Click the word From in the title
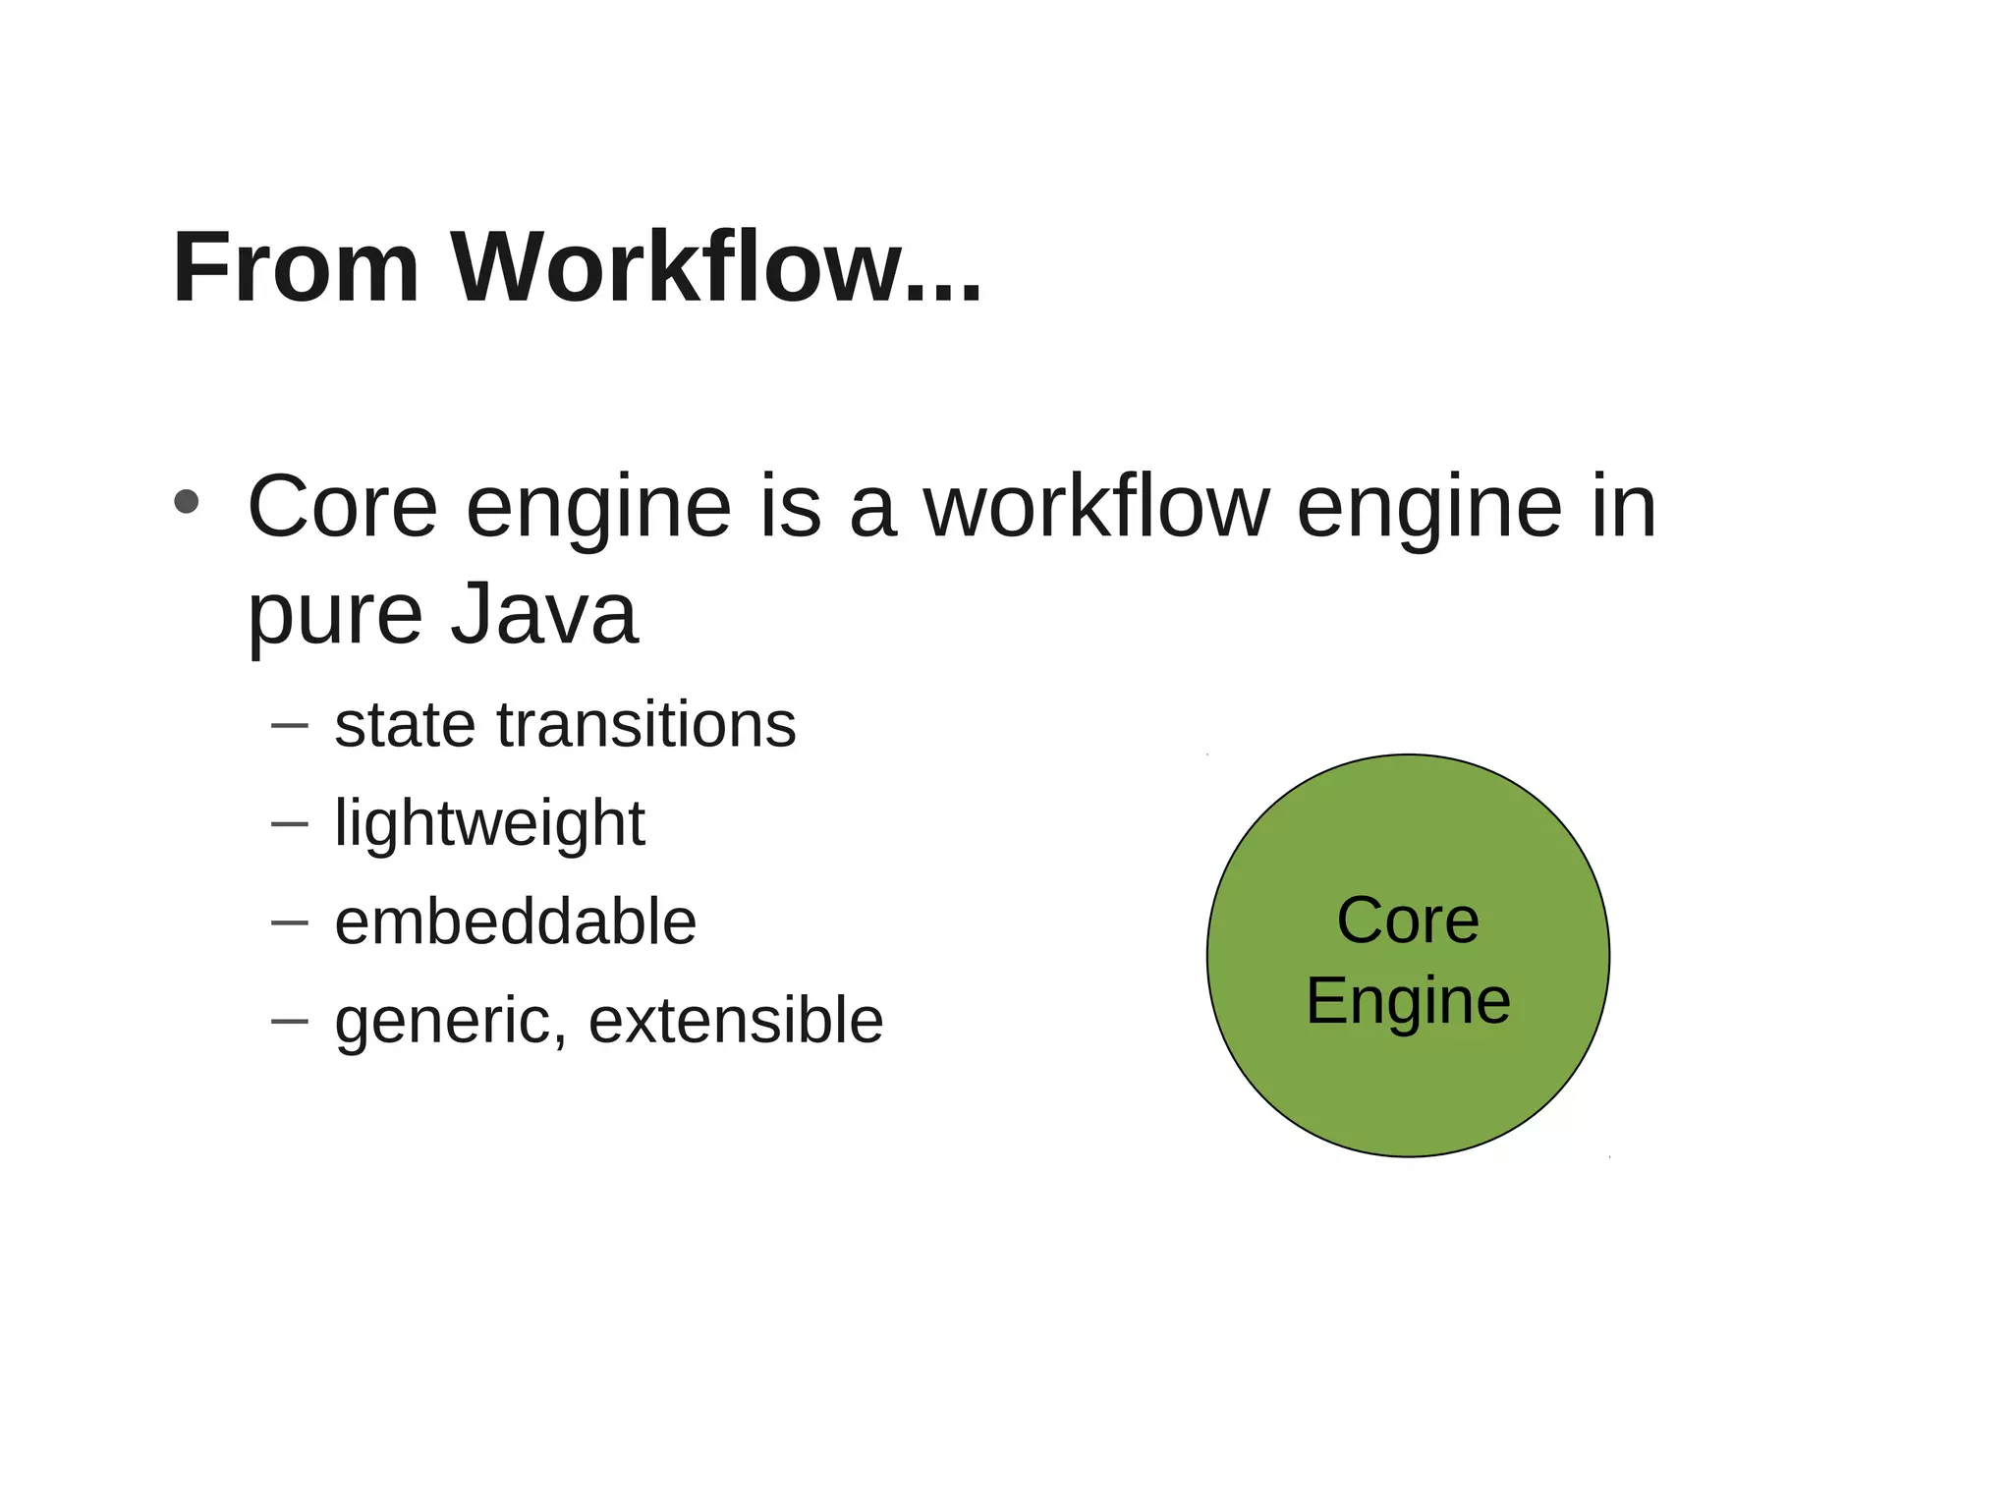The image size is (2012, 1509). (296, 268)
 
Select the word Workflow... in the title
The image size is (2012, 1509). (716, 268)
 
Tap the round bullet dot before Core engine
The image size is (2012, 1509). (186, 502)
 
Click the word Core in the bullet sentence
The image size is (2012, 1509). (342, 508)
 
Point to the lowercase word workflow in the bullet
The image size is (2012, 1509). (1096, 508)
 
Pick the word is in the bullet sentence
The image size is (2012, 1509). (790, 508)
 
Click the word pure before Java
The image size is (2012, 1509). (334, 615)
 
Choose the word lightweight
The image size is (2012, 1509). (489, 824)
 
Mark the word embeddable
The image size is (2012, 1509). (515, 922)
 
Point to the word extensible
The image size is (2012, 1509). (736, 1021)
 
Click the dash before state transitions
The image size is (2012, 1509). (289, 727)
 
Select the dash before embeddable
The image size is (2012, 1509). (289, 923)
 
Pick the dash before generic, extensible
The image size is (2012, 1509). (289, 1022)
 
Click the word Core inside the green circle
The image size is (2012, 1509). (1407, 921)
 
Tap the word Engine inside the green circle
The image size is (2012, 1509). (1407, 1002)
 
